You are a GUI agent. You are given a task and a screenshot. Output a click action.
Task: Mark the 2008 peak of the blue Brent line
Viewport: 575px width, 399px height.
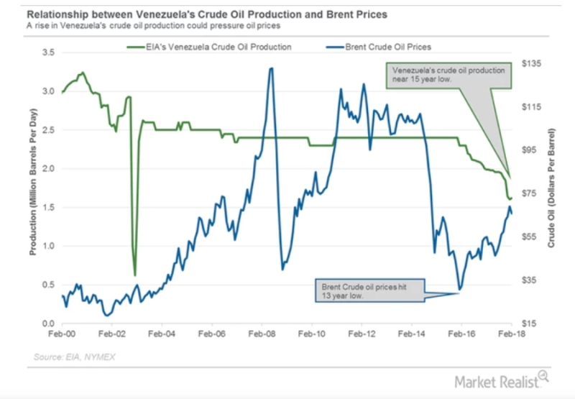pyautogui.click(x=271, y=68)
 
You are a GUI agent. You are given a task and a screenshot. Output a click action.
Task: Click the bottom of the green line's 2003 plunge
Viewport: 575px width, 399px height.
pyautogui.click(x=134, y=275)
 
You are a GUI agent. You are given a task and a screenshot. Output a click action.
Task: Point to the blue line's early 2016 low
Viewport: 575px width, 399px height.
pyautogui.click(x=459, y=290)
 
